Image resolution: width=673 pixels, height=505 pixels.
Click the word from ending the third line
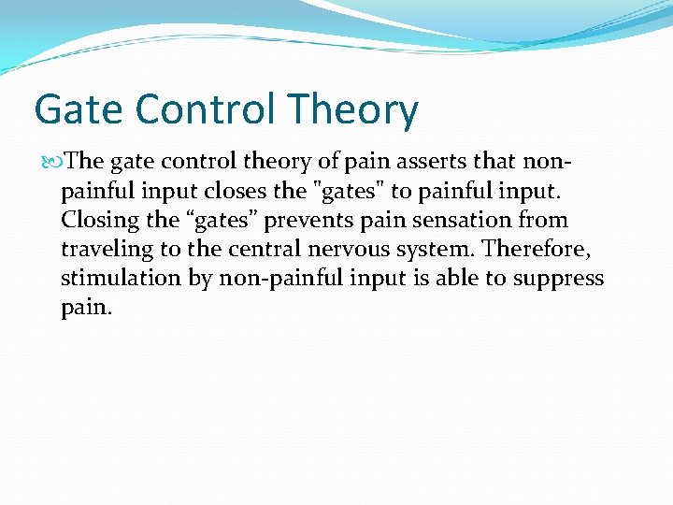tap(546, 221)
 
